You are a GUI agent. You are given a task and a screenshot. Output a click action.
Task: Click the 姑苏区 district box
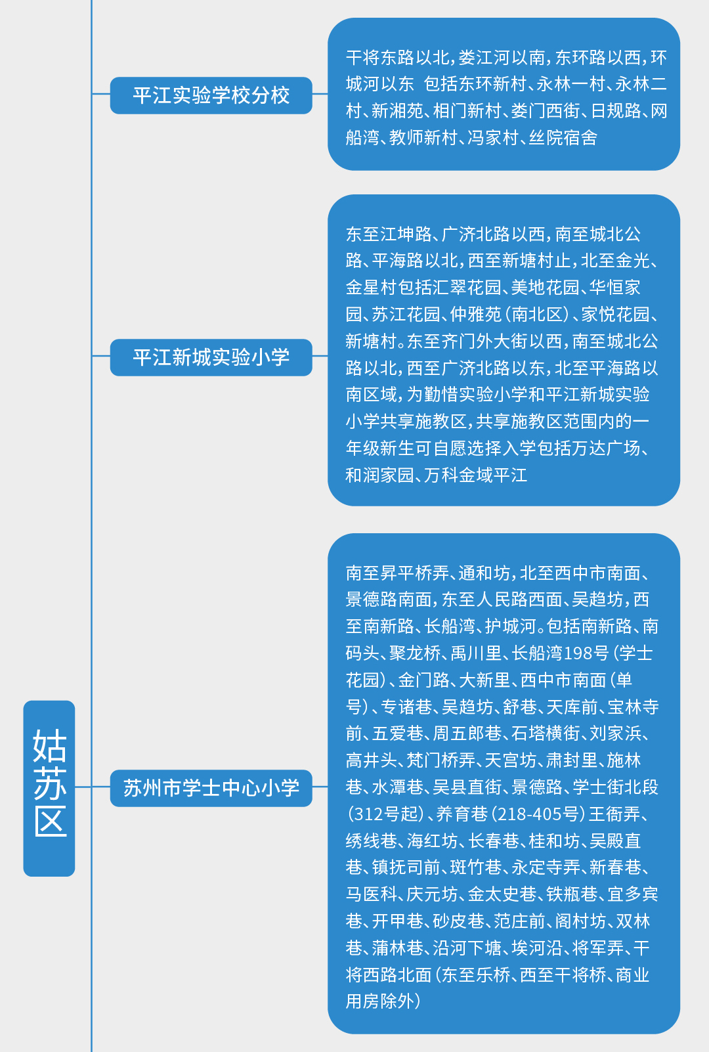(x=49, y=788)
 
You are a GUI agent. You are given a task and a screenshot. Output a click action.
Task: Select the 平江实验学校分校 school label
(x=211, y=95)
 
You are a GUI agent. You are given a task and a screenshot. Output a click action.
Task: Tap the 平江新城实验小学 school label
(x=211, y=357)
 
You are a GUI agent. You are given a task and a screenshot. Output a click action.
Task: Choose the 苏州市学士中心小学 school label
(x=211, y=788)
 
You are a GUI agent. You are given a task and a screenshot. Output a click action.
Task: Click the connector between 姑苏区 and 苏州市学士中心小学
(x=93, y=787)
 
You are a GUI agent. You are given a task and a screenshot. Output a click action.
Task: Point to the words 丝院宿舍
(x=563, y=138)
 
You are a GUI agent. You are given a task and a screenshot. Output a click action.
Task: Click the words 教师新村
(x=423, y=138)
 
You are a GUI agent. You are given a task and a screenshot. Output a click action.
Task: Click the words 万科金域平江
(x=475, y=475)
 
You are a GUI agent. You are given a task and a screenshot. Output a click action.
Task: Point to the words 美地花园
(x=545, y=287)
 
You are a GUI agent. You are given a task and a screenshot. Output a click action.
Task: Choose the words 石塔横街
(x=545, y=734)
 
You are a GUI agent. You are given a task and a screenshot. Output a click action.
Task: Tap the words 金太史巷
(x=502, y=894)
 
